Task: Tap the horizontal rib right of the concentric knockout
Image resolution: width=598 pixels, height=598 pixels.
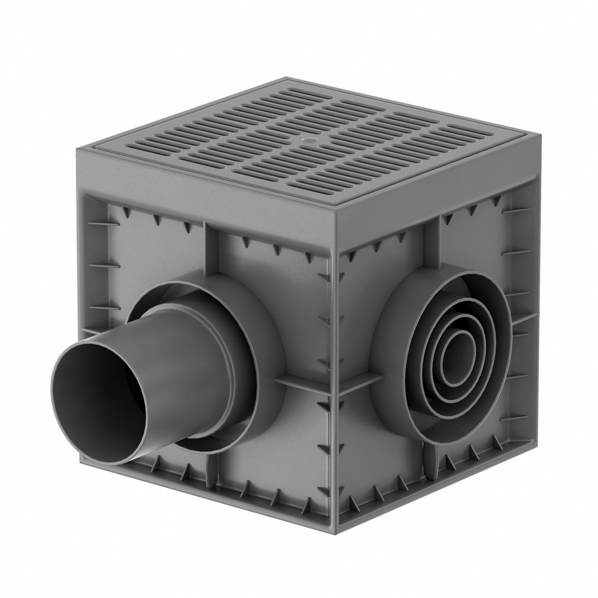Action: point(523,321)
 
